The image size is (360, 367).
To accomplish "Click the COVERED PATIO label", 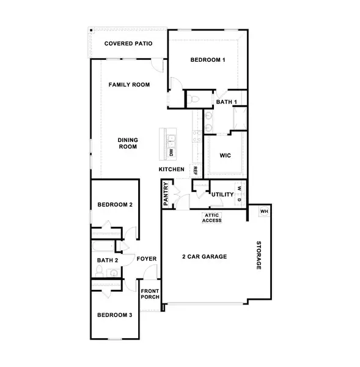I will pyautogui.click(x=128, y=43).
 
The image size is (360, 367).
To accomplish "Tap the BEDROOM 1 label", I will pyautogui.click(x=208, y=60).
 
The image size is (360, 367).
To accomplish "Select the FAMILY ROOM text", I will pyautogui.click(x=129, y=84).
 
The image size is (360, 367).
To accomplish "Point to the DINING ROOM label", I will pyautogui.click(x=127, y=143).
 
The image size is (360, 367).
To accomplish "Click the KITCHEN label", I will pyautogui.click(x=172, y=169).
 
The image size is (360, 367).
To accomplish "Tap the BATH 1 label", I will pyautogui.click(x=227, y=102).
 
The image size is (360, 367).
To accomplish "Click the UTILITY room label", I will pyautogui.click(x=223, y=195).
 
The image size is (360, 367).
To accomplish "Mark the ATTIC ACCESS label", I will pyautogui.click(x=212, y=218).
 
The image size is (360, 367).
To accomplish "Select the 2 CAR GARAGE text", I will pyautogui.click(x=205, y=257).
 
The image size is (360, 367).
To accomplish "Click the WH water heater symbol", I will pyautogui.click(x=264, y=212).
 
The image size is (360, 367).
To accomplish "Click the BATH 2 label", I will pyautogui.click(x=108, y=261).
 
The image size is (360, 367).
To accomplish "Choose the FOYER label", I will pyautogui.click(x=147, y=259).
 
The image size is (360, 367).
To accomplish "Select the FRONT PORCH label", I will pyautogui.click(x=150, y=294).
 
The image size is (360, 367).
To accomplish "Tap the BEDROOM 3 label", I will pyautogui.click(x=114, y=315).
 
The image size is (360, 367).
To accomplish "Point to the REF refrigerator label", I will pyautogui.click(x=195, y=170).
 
